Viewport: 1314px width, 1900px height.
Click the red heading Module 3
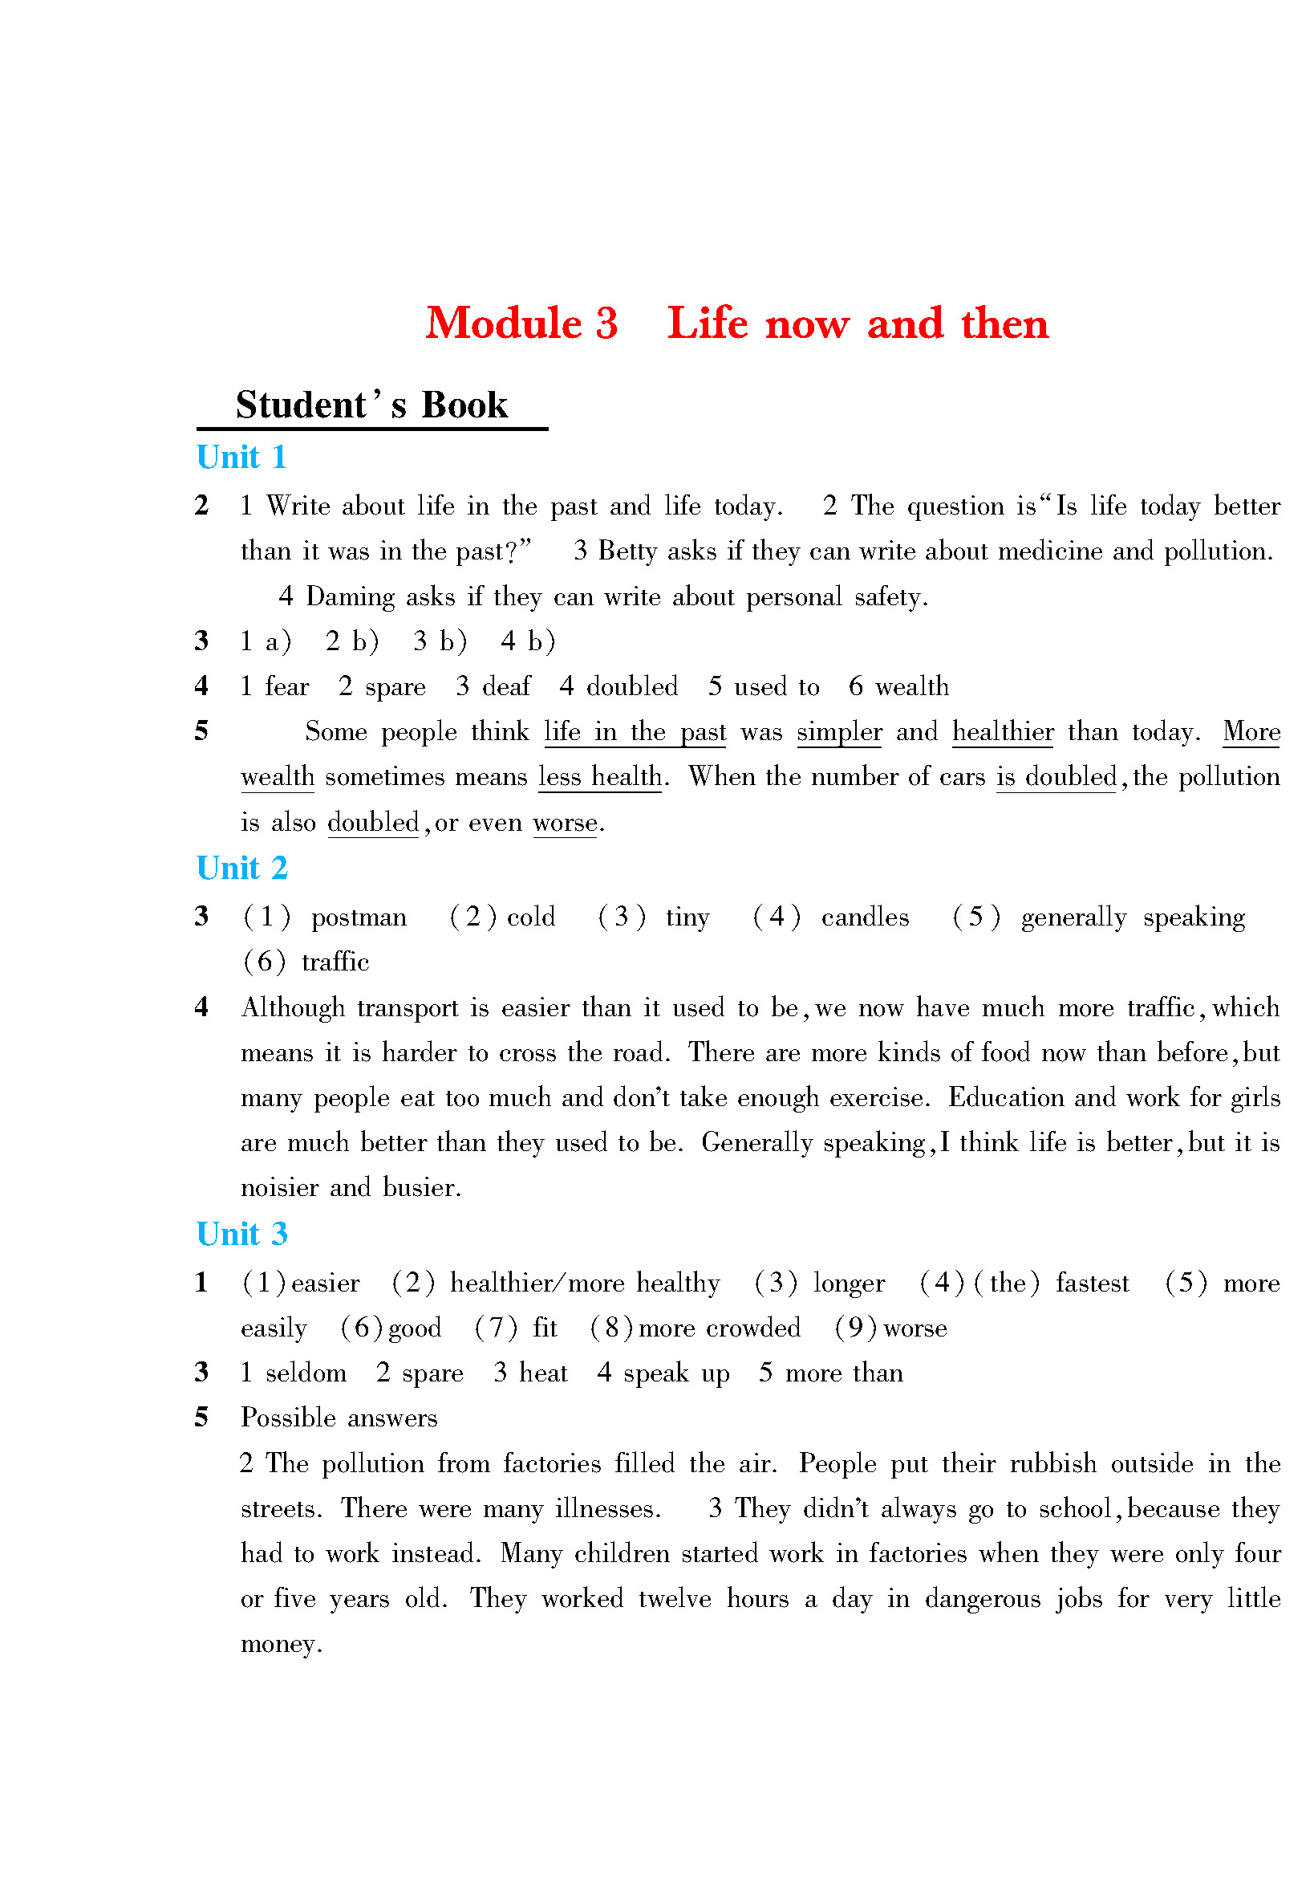tap(521, 323)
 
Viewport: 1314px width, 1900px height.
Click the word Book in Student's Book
tap(464, 405)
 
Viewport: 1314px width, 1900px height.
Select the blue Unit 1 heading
tap(241, 457)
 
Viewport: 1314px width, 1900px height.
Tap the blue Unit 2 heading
tap(241, 868)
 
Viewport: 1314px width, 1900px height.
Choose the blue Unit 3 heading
tap(241, 1234)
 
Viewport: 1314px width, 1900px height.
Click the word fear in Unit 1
tap(286, 686)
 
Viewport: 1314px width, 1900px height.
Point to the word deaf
tap(506, 686)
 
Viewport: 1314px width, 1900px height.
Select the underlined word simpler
tap(839, 731)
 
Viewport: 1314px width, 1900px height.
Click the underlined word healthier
tap(1002, 731)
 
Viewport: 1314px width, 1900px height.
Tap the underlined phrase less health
tap(599, 777)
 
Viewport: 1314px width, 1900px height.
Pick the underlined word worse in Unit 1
tap(565, 823)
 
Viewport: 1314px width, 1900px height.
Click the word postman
tap(359, 917)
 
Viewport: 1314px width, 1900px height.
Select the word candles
tap(865, 917)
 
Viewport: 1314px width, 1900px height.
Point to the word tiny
tap(687, 917)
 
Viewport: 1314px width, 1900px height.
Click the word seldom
tap(306, 1373)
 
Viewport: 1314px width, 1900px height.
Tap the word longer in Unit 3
tap(849, 1284)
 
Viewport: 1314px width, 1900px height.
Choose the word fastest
tap(1092, 1284)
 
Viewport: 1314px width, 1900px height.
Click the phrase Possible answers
tap(339, 1418)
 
